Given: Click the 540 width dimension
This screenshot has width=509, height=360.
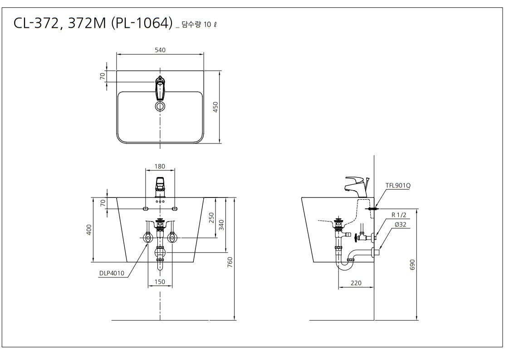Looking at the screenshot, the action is pyautogui.click(x=160, y=50).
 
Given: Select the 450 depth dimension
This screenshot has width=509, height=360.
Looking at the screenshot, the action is pyautogui.click(x=215, y=107).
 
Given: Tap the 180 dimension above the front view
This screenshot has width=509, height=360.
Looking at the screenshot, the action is pyautogui.click(x=160, y=166).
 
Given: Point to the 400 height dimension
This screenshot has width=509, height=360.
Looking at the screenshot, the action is pyautogui.click(x=89, y=230).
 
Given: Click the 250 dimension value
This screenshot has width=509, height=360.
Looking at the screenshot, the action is pyautogui.click(x=211, y=218).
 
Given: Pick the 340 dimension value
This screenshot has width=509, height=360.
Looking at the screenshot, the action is pyautogui.click(x=221, y=225).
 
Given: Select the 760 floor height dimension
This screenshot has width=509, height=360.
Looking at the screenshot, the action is pyautogui.click(x=230, y=262).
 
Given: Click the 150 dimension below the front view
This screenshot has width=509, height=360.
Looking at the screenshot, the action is pyautogui.click(x=160, y=282).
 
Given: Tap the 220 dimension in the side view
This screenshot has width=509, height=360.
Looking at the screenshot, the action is pyautogui.click(x=356, y=283).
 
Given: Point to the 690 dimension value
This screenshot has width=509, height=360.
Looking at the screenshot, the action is pyautogui.click(x=412, y=265).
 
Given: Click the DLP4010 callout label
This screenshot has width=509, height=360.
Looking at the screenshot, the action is pyautogui.click(x=112, y=273).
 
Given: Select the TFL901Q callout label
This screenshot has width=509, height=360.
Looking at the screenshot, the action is pyautogui.click(x=398, y=186).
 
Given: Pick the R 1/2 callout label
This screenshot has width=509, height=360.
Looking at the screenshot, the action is pyautogui.click(x=399, y=215).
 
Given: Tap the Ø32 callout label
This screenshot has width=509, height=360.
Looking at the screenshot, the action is pyautogui.click(x=401, y=224).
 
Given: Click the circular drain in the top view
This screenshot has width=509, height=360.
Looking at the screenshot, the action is pyautogui.click(x=160, y=106).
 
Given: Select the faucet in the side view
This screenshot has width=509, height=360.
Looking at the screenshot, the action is pyautogui.click(x=357, y=187).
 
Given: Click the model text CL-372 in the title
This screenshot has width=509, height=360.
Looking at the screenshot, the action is pyautogui.click(x=36, y=24).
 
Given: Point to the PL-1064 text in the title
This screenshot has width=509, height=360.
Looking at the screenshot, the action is pyautogui.click(x=142, y=24).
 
